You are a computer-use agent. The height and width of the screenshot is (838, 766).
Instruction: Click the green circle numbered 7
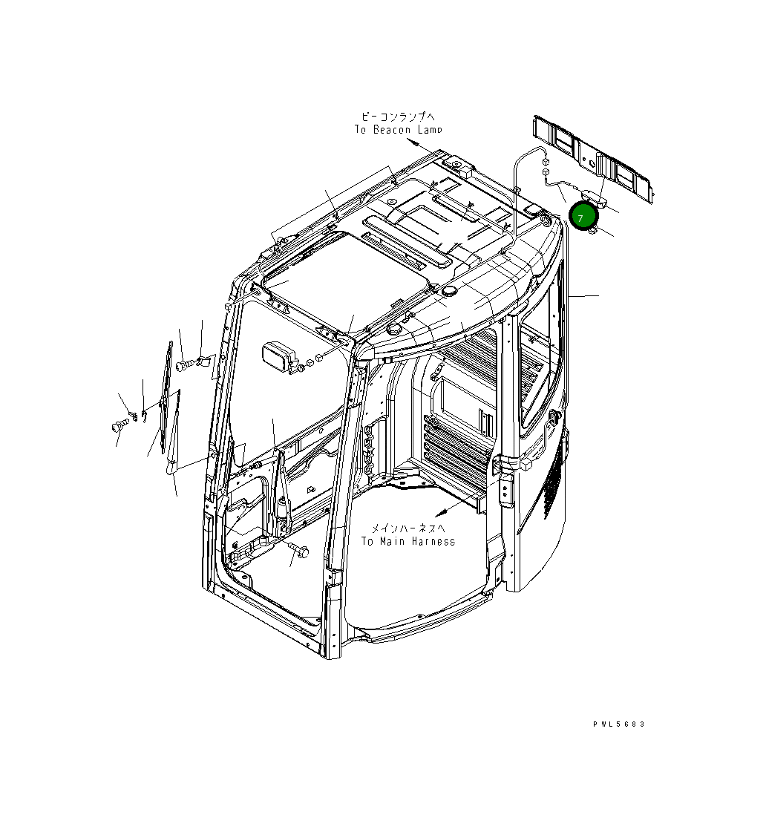[x=583, y=216]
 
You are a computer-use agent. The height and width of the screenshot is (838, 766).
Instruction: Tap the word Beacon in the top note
[x=393, y=130]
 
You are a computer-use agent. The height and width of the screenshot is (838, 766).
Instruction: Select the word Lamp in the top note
[x=431, y=130]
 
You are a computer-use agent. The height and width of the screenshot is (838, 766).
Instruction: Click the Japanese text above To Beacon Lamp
[x=399, y=117]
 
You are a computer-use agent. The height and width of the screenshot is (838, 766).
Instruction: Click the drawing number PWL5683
[x=618, y=724]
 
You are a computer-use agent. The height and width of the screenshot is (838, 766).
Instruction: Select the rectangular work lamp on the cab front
[x=280, y=357]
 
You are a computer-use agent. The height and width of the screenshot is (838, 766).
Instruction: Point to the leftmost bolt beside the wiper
[x=118, y=426]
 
